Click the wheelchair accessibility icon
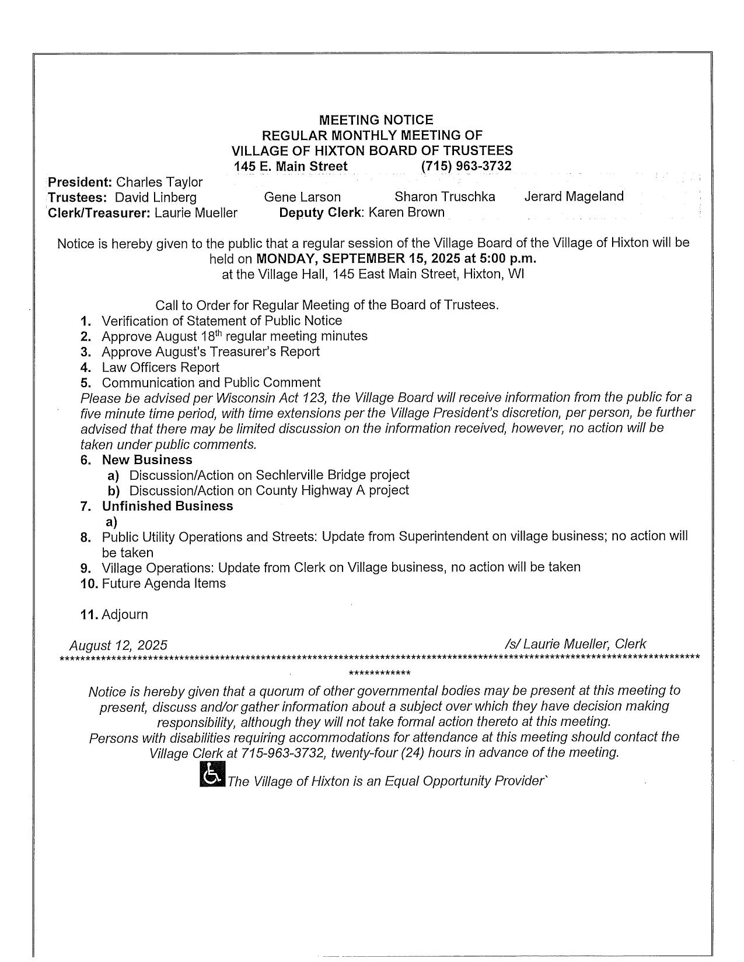click(212, 775)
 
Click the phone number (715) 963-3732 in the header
click(466, 166)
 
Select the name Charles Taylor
click(159, 182)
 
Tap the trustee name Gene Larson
click(302, 197)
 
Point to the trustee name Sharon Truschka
click(445, 197)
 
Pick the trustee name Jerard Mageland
click(574, 196)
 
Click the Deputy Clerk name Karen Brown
click(406, 212)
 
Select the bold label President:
click(80, 182)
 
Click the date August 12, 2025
click(118, 645)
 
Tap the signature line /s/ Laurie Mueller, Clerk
click(576, 644)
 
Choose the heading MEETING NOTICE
click(376, 120)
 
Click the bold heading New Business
click(147, 459)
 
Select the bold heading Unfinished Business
click(167, 506)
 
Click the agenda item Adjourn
click(125, 615)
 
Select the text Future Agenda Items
click(163, 584)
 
